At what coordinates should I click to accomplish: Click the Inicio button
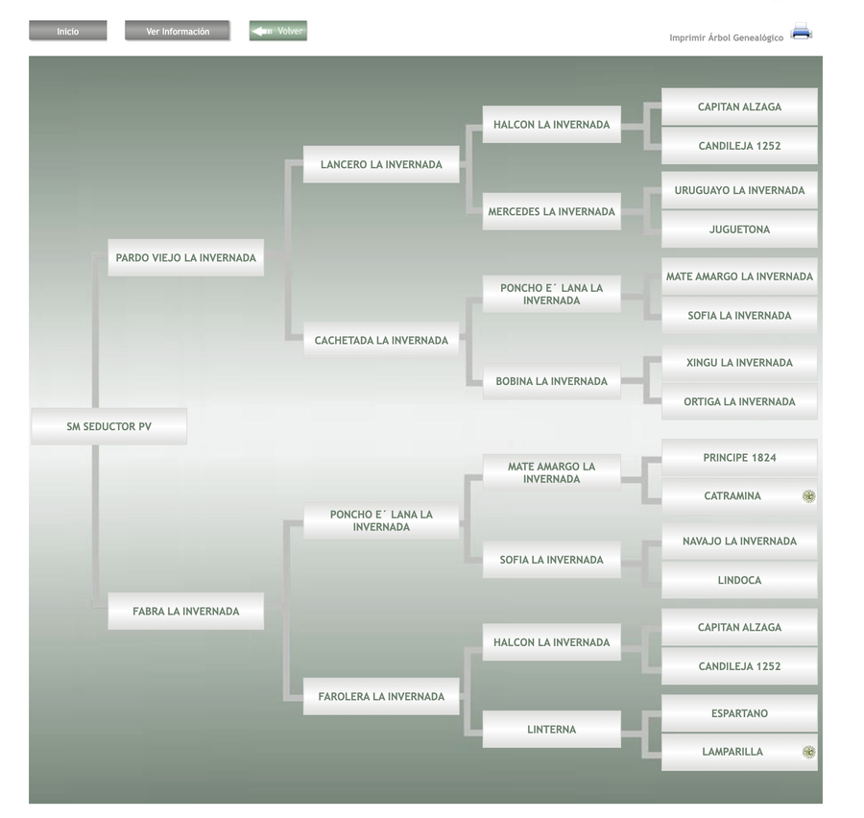point(67,32)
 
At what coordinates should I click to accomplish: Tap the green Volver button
point(278,32)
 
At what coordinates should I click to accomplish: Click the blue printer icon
point(802,32)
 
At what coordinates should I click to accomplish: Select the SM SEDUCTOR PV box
point(108,426)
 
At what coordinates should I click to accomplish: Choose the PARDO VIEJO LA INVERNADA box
point(185,257)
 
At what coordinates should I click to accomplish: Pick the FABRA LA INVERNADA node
point(185,611)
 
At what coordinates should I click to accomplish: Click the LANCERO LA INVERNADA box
point(381,164)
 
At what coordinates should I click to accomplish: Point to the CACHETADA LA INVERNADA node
point(381,340)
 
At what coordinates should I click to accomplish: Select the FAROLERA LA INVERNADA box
point(381,696)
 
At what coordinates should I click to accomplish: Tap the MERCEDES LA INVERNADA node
point(551,211)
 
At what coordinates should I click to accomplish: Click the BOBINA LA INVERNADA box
point(551,381)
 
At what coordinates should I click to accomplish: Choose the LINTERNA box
point(551,730)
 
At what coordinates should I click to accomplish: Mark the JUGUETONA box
point(739,229)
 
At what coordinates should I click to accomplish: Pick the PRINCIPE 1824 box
point(739,457)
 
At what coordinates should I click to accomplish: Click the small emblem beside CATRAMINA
point(809,496)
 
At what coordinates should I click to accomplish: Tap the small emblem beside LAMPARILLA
point(809,752)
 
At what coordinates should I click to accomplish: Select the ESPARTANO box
point(739,713)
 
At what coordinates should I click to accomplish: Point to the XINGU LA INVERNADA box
point(739,363)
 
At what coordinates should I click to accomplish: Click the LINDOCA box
point(739,580)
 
